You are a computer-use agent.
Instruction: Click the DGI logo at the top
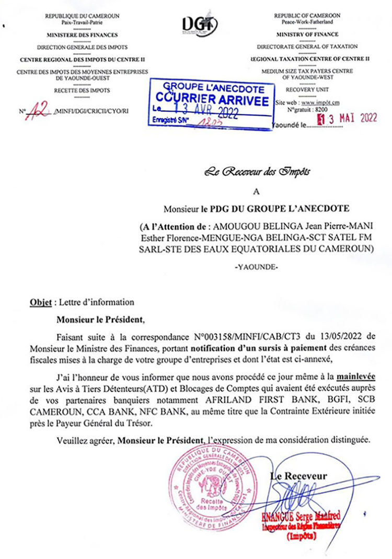[x=200, y=24]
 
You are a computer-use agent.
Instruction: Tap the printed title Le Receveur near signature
[x=298, y=476]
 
